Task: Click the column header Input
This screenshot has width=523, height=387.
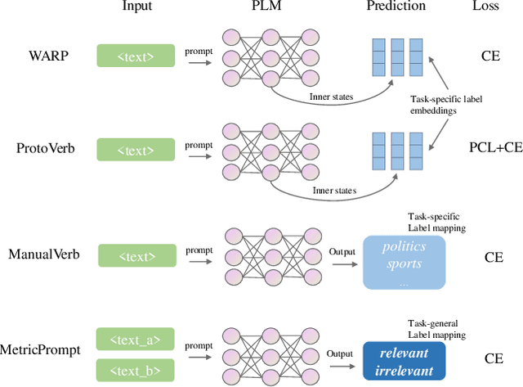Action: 136,7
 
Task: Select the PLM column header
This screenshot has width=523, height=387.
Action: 266,7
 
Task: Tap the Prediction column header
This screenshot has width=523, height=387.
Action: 397,7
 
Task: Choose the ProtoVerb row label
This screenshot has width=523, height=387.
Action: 41,149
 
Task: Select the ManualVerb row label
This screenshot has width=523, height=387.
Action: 44,254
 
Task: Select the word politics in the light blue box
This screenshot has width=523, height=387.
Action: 404,247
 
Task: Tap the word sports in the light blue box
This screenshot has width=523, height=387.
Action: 404,263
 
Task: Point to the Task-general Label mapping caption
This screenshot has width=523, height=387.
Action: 436,329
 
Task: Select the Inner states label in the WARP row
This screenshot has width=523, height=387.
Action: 333,97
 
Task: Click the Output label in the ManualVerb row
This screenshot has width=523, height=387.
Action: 342,252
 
